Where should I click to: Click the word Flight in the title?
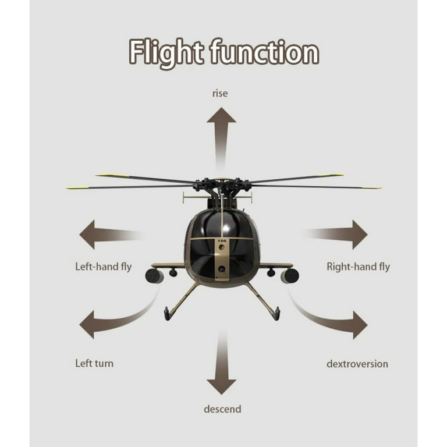click(166, 54)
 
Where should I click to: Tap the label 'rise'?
click(220, 93)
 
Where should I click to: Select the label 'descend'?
click(222, 409)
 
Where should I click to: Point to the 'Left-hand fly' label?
click(104, 267)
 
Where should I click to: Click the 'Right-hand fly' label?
click(358, 267)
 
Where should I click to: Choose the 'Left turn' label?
click(94, 363)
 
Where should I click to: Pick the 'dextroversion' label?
click(357, 364)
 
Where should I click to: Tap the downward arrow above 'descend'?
click(222, 363)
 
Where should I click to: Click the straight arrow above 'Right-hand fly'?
click(336, 235)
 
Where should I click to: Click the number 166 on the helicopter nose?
click(222, 241)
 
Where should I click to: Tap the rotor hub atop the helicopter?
click(222, 185)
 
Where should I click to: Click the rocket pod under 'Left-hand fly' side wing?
click(154, 276)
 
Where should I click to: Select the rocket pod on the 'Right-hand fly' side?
click(290, 276)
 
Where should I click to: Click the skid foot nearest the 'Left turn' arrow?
click(167, 314)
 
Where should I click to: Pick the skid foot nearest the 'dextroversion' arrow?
click(276, 314)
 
